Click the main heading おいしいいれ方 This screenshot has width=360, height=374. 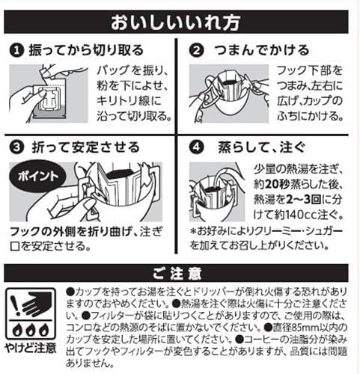(x=176, y=22)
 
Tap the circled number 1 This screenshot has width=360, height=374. (x=16, y=51)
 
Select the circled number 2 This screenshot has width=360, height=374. (x=196, y=51)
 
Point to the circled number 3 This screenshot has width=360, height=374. (x=16, y=147)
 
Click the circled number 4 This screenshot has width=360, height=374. (x=196, y=147)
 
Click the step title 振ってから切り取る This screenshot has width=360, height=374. (x=86, y=50)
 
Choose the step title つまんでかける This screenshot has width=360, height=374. (x=262, y=50)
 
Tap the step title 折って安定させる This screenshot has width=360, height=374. (x=85, y=147)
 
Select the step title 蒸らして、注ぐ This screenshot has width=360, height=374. (x=262, y=147)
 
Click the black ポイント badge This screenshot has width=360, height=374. (x=37, y=177)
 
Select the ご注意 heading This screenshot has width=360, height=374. (x=177, y=274)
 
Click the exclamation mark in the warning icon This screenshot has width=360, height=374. (x=16, y=305)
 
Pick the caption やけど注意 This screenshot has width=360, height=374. (x=31, y=348)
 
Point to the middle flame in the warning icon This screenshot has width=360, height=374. (x=30, y=330)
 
